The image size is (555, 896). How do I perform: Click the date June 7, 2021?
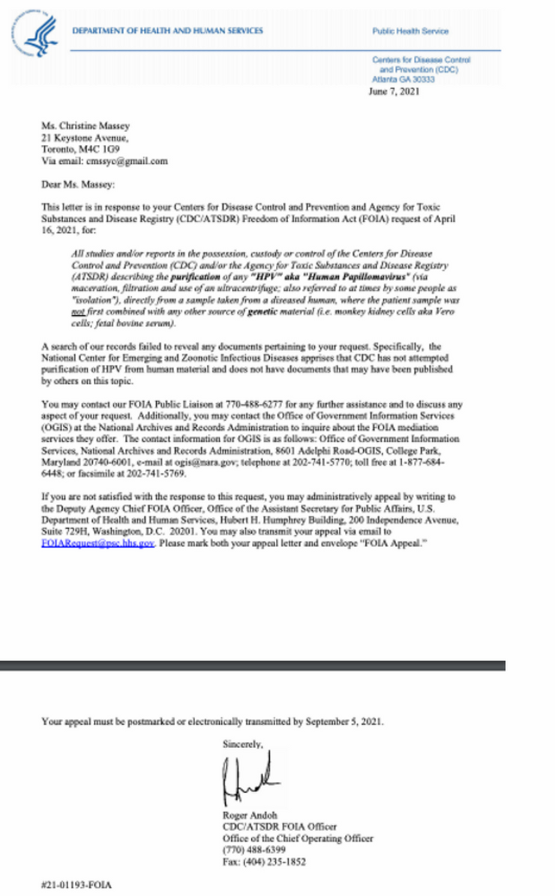[x=396, y=92]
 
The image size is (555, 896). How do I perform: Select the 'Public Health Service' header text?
[x=409, y=32]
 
